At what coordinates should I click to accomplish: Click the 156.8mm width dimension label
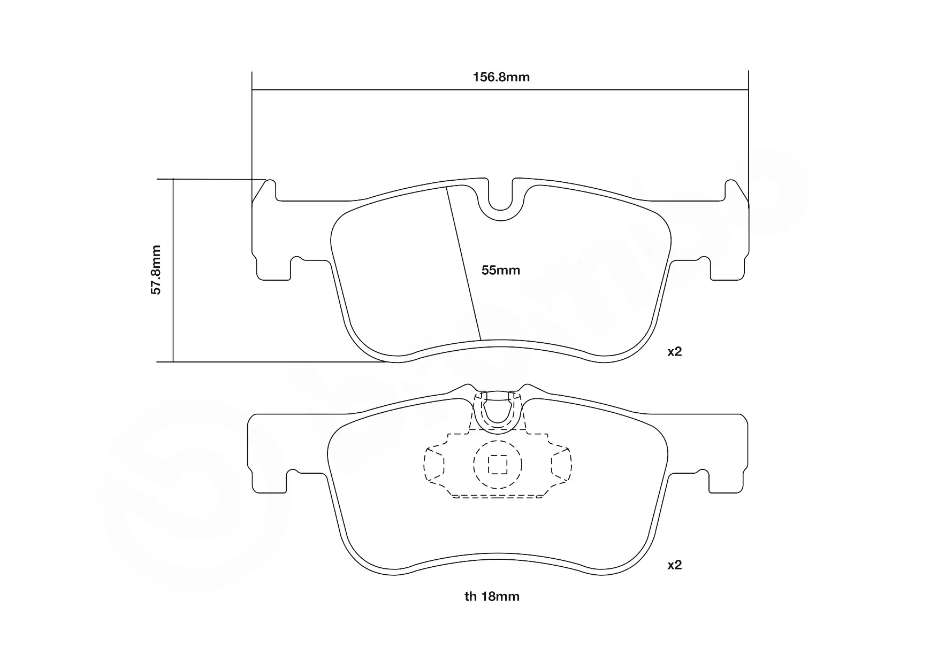[501, 77]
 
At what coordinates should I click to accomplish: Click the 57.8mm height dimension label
[156, 270]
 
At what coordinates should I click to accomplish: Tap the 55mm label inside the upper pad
[500, 271]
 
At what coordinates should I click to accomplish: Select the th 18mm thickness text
[492, 597]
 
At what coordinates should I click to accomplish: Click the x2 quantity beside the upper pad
[675, 352]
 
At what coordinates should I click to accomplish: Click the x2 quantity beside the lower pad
[675, 565]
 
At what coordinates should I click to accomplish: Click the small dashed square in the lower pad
[498, 464]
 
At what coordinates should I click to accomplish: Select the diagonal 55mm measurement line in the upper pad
[464, 264]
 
